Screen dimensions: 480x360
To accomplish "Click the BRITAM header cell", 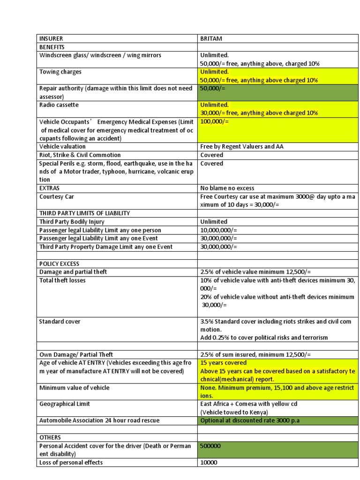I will (211, 38).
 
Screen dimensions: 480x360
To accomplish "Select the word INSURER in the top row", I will (51, 38).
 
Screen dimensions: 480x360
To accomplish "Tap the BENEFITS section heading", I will (52, 47).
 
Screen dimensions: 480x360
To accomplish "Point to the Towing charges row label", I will (60, 72).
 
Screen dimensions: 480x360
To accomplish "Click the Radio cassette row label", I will (59, 105).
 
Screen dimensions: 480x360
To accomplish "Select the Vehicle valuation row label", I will (62, 146).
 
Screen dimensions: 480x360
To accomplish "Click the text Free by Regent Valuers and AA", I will (241, 146).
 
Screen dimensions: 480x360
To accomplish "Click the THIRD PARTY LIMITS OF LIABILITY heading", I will (85, 213).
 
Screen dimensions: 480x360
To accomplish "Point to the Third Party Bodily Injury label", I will (72, 221).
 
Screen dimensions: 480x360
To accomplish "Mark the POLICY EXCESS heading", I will (60, 263).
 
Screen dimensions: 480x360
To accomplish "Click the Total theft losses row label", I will (62, 280).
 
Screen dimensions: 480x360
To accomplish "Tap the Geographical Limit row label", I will (65, 404).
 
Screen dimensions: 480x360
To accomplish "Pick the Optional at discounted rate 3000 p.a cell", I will (250, 420).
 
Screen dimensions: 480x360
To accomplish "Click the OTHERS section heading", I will (50, 437).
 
